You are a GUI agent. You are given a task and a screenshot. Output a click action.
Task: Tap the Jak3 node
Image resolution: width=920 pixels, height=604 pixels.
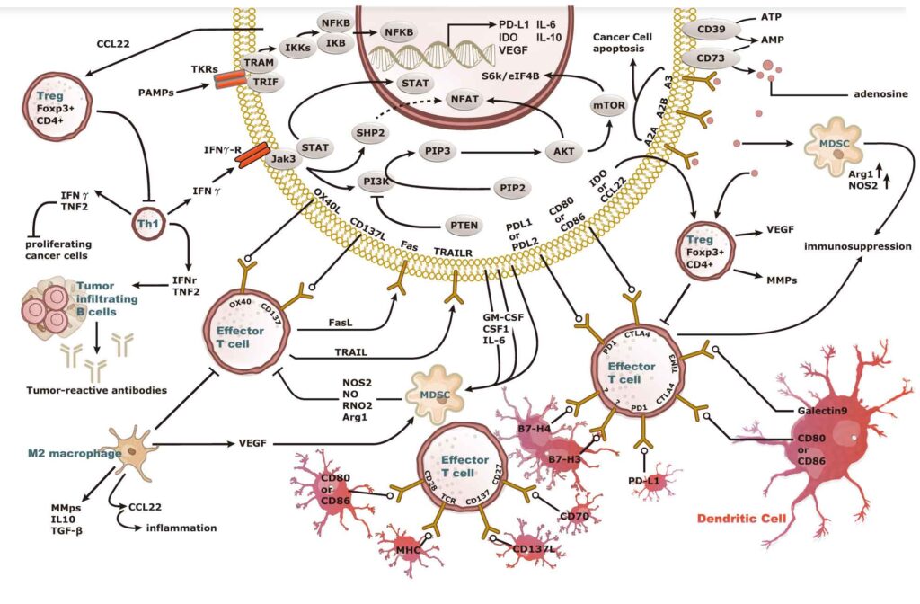click(x=285, y=158)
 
